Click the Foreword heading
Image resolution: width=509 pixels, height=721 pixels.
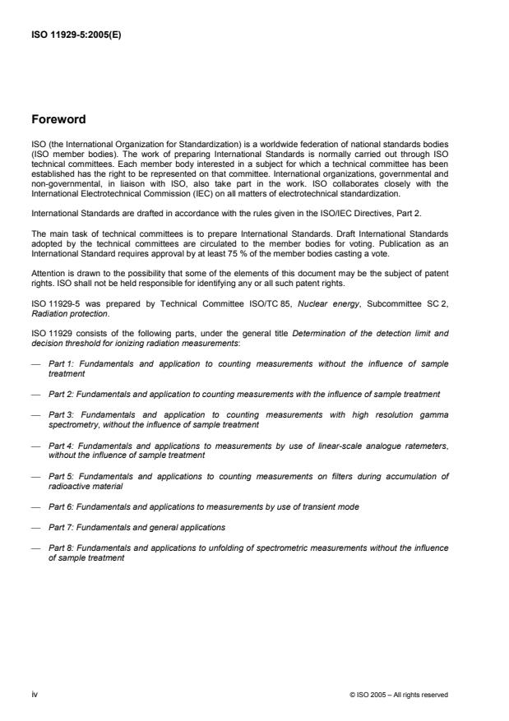coord(58,120)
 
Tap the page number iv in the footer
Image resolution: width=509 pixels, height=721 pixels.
coord(34,695)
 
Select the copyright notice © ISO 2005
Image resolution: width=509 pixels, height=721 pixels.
coord(399,695)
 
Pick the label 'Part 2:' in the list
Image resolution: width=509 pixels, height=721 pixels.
coord(60,394)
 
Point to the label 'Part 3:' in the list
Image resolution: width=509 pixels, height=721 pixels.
coord(61,417)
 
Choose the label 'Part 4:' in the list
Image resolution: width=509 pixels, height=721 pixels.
coord(60,446)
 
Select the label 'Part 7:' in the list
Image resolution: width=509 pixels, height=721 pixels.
coord(60,526)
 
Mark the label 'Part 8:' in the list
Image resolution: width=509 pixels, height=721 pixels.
coord(60,548)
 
